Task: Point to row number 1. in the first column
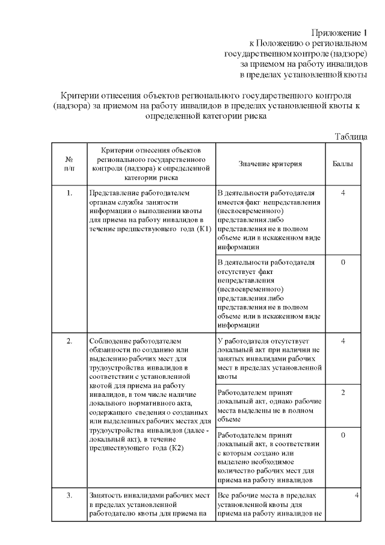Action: (69, 193)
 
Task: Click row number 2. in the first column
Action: (69, 341)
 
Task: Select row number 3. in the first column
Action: (69, 495)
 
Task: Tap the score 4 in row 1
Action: (342, 193)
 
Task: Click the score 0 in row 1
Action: (342, 263)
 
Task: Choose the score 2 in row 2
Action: (342, 393)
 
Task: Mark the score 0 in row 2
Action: (342, 435)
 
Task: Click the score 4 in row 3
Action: (357, 495)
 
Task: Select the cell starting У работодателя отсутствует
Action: (269, 358)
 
